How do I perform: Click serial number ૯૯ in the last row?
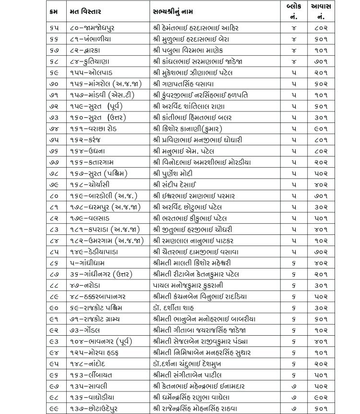[x=55, y=408]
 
